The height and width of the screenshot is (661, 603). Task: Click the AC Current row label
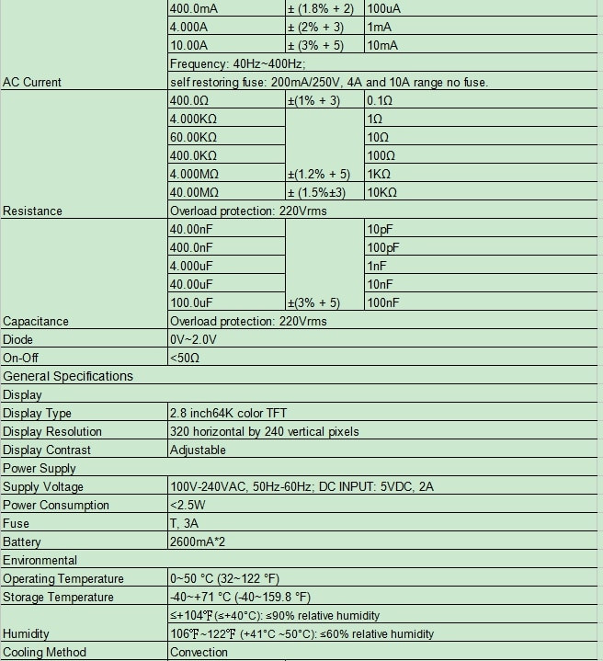pos(32,82)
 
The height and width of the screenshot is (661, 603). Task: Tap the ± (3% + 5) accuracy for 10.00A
pos(315,45)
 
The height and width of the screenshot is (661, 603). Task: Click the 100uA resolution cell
pos(385,8)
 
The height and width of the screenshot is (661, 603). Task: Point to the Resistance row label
pos(32,211)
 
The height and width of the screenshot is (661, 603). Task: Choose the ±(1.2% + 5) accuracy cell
pos(318,174)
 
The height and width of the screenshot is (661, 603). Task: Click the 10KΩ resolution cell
pos(381,192)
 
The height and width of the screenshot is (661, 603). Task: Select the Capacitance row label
pos(36,321)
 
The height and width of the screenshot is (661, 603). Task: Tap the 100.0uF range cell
pos(192,302)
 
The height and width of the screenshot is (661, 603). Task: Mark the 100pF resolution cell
pos(382,247)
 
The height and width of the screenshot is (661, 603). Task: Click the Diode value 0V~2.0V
pos(196,339)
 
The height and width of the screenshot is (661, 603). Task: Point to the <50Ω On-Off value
pos(185,358)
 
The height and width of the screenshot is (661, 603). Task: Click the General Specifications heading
pos(68,376)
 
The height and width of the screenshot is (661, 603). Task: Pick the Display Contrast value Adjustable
pos(198,450)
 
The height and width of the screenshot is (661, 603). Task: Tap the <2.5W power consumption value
pos(188,505)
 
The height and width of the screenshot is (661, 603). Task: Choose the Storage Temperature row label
pos(57,597)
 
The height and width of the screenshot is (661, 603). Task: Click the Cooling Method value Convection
pos(199,652)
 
